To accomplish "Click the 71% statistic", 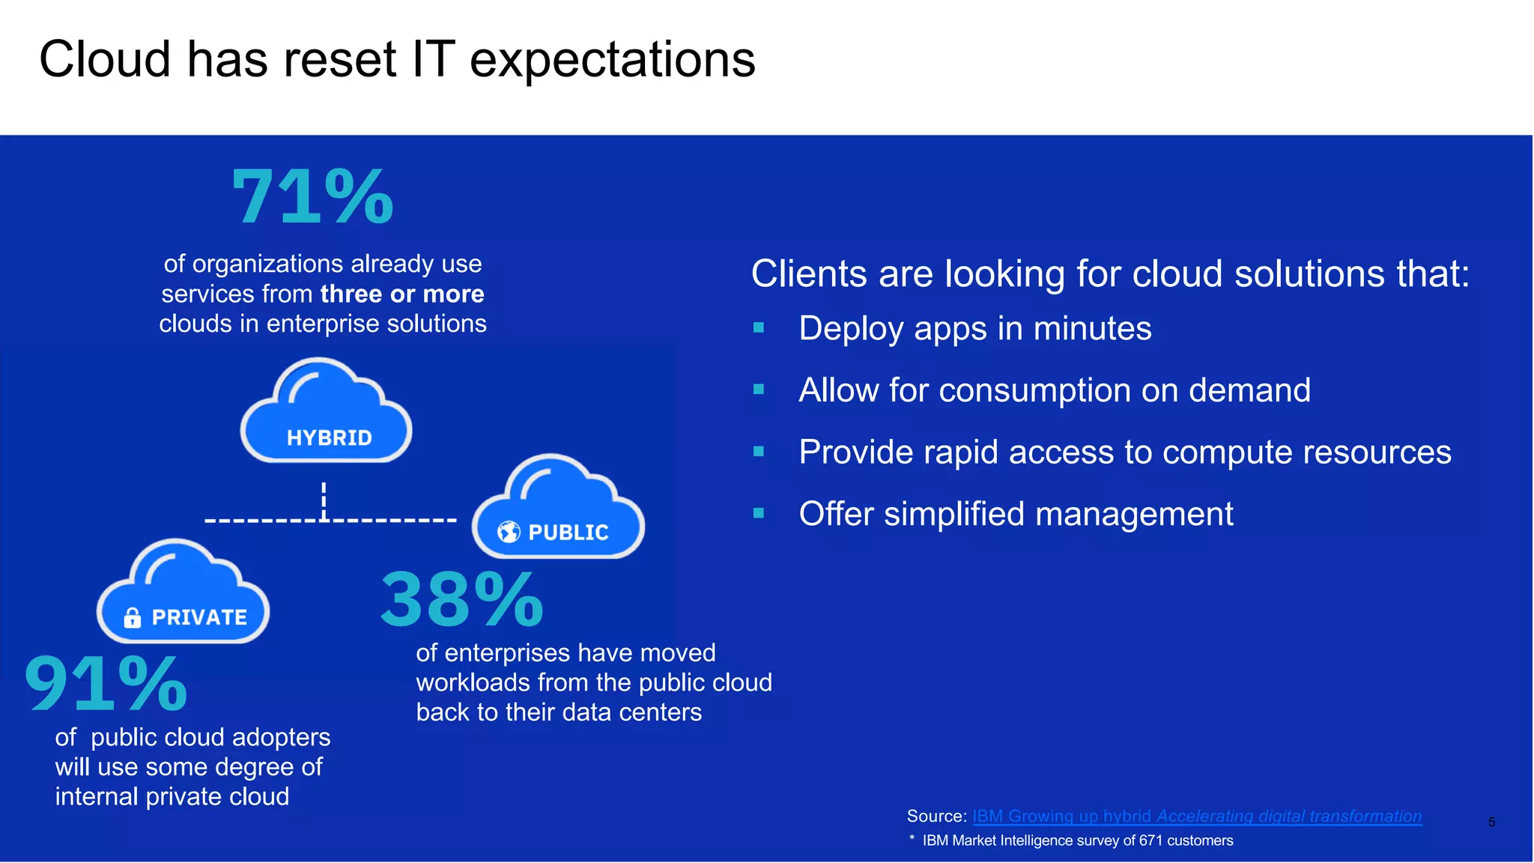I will coord(312,197).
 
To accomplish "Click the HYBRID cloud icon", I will coord(327,412).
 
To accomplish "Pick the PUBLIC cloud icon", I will coord(558,508).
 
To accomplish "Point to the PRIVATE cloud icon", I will coord(183,593).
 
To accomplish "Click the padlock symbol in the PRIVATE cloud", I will coord(133,617).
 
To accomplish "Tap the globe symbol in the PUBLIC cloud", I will coord(509,532).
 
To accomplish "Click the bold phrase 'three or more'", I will coord(402,294).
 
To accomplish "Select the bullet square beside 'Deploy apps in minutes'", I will coord(759,327).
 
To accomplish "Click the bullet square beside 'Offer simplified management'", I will coord(759,513).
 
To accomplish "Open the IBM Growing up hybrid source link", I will coord(1196,816).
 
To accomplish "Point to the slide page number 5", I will coord(1491,823).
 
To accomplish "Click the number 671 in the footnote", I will coord(1150,841).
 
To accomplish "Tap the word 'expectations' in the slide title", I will coord(613,60).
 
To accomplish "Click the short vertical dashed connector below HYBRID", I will coord(324,500).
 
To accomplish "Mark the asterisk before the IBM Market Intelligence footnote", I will coord(912,839).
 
